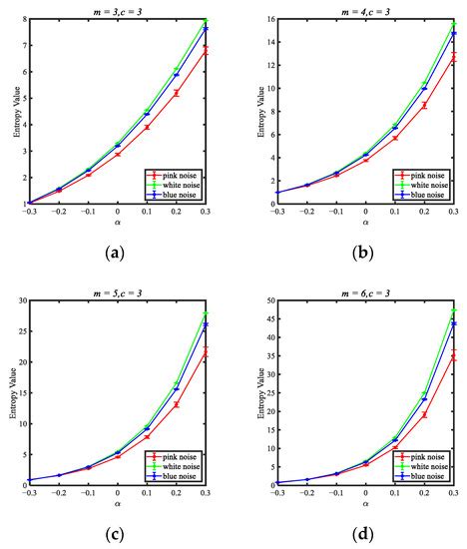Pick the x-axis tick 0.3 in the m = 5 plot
207,492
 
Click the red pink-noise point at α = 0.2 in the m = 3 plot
177,93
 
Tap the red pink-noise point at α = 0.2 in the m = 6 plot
425,414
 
